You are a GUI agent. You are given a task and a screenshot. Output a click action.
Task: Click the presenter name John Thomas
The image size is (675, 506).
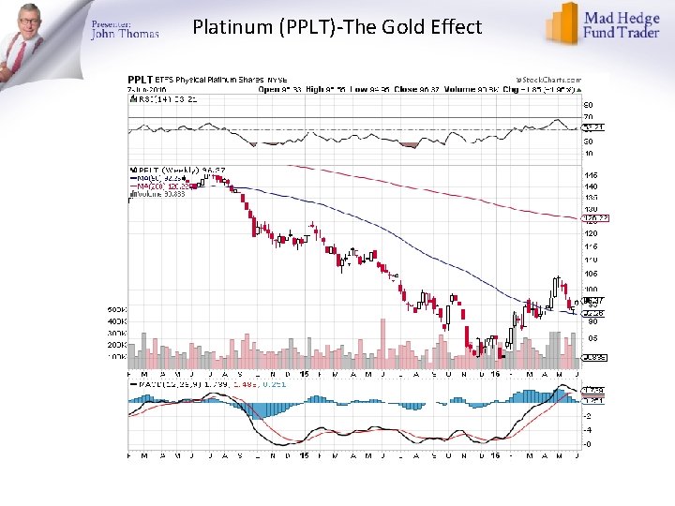tap(125, 34)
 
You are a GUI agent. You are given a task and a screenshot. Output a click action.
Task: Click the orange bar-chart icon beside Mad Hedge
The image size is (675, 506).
tap(562, 22)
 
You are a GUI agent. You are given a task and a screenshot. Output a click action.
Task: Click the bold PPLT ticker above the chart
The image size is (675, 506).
tap(141, 81)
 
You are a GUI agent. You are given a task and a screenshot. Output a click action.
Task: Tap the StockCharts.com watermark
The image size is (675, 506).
tap(548, 81)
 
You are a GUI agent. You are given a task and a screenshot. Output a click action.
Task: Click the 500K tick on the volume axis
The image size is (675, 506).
tap(115, 309)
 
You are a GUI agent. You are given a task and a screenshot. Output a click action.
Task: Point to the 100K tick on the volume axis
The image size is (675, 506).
tap(115, 357)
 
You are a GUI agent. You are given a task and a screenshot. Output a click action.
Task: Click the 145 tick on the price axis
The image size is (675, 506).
tap(591, 175)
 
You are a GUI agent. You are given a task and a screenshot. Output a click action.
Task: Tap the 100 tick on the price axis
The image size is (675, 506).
tap(591, 289)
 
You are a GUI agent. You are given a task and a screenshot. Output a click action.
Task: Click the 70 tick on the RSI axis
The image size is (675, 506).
tap(589, 116)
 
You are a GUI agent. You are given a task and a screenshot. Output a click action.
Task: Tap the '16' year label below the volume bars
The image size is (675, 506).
tap(495, 375)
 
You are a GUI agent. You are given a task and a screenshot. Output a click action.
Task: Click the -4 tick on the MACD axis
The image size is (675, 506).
tap(589, 430)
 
